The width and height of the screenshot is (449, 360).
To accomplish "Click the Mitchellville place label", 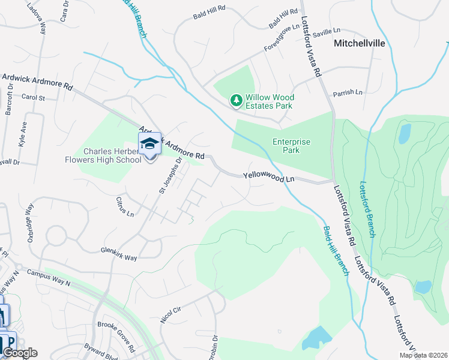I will tap(358, 43).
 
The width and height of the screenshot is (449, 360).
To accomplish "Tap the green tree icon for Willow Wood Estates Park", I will tap(237, 100).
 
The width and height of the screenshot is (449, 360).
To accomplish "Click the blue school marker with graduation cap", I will tap(149, 144).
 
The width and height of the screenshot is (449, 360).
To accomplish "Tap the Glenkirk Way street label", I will tap(119, 254).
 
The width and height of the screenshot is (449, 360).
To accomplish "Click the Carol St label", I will tap(33, 97).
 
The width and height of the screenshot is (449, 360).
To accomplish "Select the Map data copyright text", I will tap(423, 355).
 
